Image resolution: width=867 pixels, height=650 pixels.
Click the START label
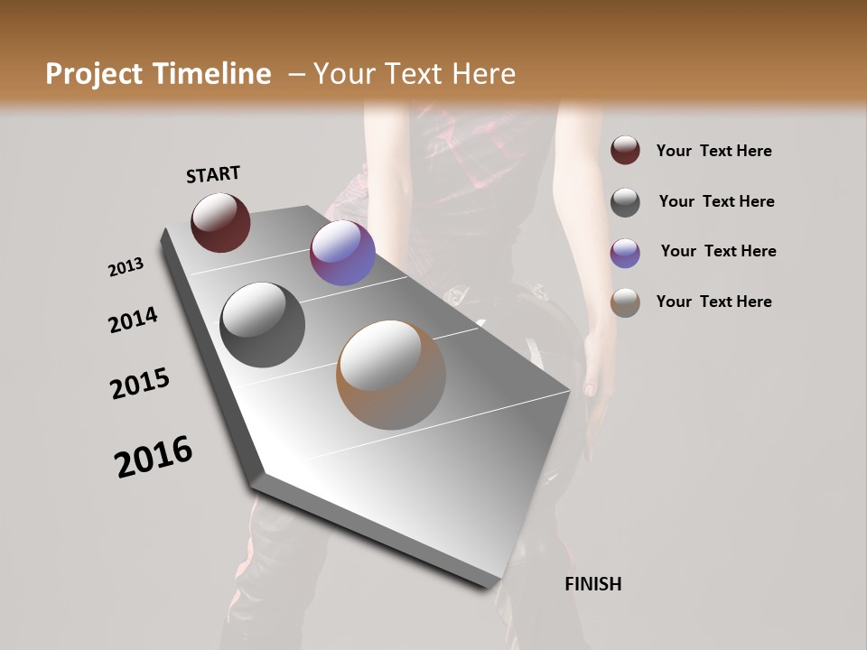tap(213, 174)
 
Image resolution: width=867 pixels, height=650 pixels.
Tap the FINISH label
tap(592, 584)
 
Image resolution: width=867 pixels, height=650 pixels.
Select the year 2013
tap(126, 267)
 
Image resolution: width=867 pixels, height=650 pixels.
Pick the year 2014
tap(133, 320)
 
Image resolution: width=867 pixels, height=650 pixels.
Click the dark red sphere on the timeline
tap(220, 222)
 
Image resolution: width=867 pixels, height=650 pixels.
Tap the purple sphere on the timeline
tap(342, 253)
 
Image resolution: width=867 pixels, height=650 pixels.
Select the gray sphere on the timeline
tap(262, 324)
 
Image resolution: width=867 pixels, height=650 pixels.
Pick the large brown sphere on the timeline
tap(390, 375)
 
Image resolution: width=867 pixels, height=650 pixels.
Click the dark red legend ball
tap(625, 150)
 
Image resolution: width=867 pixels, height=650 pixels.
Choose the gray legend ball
tap(625, 202)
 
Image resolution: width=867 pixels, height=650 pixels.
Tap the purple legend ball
tap(625, 253)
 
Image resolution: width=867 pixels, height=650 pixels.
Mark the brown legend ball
tap(625, 302)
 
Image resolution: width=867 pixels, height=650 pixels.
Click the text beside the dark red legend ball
tap(713, 151)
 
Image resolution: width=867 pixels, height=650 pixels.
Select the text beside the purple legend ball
tap(718, 251)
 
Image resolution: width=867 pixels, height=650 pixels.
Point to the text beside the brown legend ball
tap(713, 302)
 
